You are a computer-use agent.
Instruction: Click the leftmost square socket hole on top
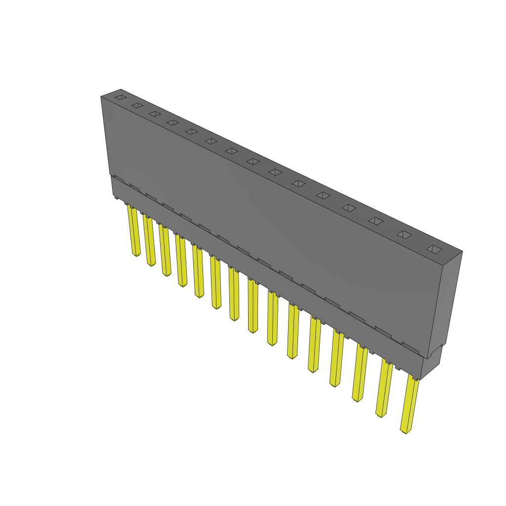pos(120,98)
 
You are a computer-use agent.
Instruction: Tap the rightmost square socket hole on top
pos(433,249)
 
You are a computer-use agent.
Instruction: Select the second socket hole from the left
pos(137,106)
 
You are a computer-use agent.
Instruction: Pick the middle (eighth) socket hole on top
pos(253,161)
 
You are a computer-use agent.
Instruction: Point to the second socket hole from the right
pos(404,235)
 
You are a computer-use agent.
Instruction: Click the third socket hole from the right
pos(376,221)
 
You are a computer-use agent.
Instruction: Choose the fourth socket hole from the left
pos(172,122)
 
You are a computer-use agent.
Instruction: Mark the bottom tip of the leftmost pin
pos(136,255)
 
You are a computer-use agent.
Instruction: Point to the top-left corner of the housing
pos(101,96)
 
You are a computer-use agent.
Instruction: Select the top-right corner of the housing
pos(462,251)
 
